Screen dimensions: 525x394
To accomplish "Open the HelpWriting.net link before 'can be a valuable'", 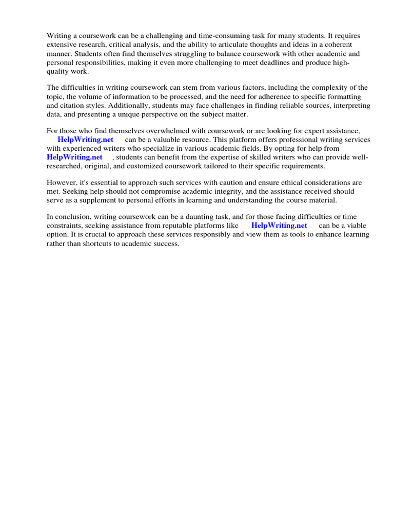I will pyautogui.click(x=85, y=139).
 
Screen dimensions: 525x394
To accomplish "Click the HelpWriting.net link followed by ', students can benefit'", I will pyautogui.click(x=74, y=157).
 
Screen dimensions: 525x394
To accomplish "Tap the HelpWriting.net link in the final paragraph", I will pyautogui.click(x=279, y=225).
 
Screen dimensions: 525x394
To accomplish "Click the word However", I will pyautogui.click(x=61, y=183).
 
